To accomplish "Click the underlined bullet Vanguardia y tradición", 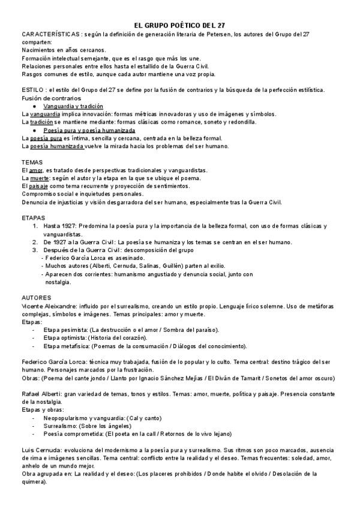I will click(73, 106).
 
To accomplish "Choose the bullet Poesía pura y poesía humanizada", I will click(89, 130).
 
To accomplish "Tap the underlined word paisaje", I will click(38, 186).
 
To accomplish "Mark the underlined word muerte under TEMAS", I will click(41, 178).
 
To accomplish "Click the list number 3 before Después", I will click(35, 249).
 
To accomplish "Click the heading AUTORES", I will click(36, 298).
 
